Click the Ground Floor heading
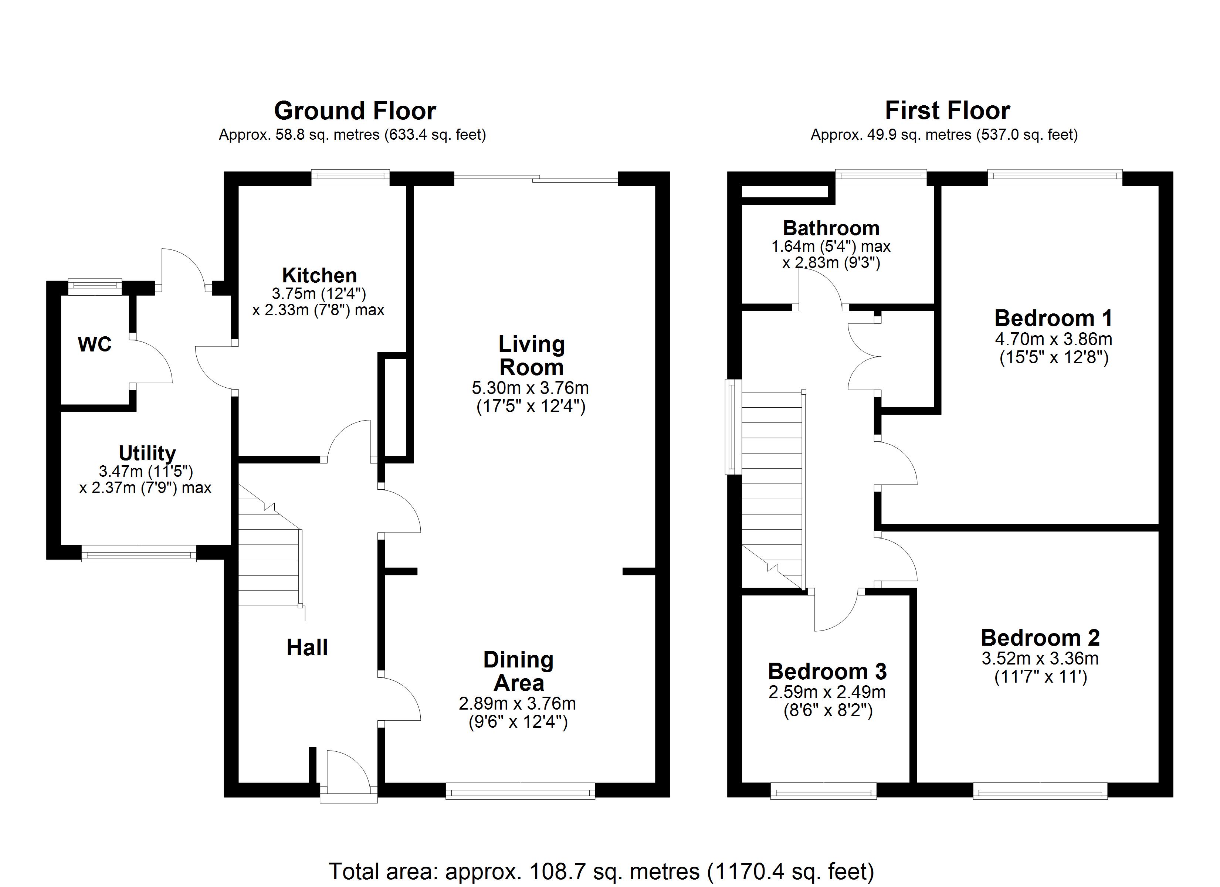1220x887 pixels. click(355, 111)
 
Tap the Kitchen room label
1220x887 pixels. click(319, 275)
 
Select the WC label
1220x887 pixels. click(95, 344)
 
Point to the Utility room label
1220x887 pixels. click(147, 453)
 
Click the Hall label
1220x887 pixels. click(307, 648)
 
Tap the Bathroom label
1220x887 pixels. click(831, 228)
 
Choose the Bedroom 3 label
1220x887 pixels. click(827, 671)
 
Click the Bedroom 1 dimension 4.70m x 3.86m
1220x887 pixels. click(1053, 339)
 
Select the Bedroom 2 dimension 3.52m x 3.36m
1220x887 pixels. click(1040, 658)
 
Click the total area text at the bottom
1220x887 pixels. click(601, 871)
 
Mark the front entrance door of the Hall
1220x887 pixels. click(349, 775)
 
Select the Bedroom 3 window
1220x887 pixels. click(824, 791)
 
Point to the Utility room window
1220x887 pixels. click(139, 554)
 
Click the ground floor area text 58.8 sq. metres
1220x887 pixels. click(352, 135)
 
